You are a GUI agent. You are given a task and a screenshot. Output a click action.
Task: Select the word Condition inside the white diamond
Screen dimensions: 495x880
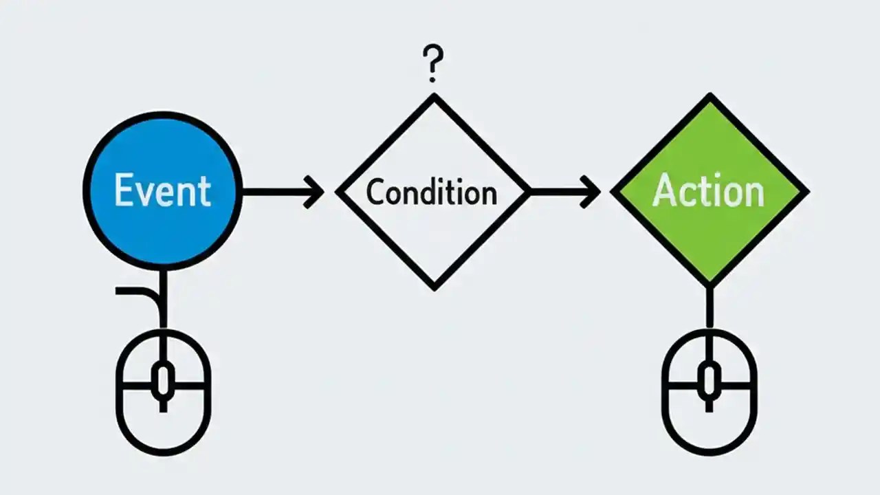[x=431, y=192]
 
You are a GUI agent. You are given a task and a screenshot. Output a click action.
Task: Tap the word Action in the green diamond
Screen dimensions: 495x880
[x=708, y=190]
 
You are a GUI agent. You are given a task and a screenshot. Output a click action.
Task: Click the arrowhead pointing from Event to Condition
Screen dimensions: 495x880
[x=315, y=192]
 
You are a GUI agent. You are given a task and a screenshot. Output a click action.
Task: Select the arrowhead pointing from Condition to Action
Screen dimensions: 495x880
[x=591, y=192]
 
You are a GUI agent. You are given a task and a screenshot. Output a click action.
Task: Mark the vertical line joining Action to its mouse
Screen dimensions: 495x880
[x=709, y=306]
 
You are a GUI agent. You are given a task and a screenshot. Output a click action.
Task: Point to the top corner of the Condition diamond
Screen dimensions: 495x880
[x=434, y=97]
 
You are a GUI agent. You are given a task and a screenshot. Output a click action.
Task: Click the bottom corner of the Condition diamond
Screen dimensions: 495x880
[x=434, y=287]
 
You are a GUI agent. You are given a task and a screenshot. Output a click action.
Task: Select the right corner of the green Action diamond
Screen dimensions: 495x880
[x=806, y=192]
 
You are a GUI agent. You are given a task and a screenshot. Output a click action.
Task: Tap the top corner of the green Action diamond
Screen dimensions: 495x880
[x=709, y=97]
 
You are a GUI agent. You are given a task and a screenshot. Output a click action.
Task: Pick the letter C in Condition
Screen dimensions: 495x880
[x=375, y=192]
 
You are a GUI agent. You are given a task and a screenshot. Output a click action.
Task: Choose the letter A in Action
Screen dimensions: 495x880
[x=663, y=190]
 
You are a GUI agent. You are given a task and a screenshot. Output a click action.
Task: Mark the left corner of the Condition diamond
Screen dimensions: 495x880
[x=339, y=192]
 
